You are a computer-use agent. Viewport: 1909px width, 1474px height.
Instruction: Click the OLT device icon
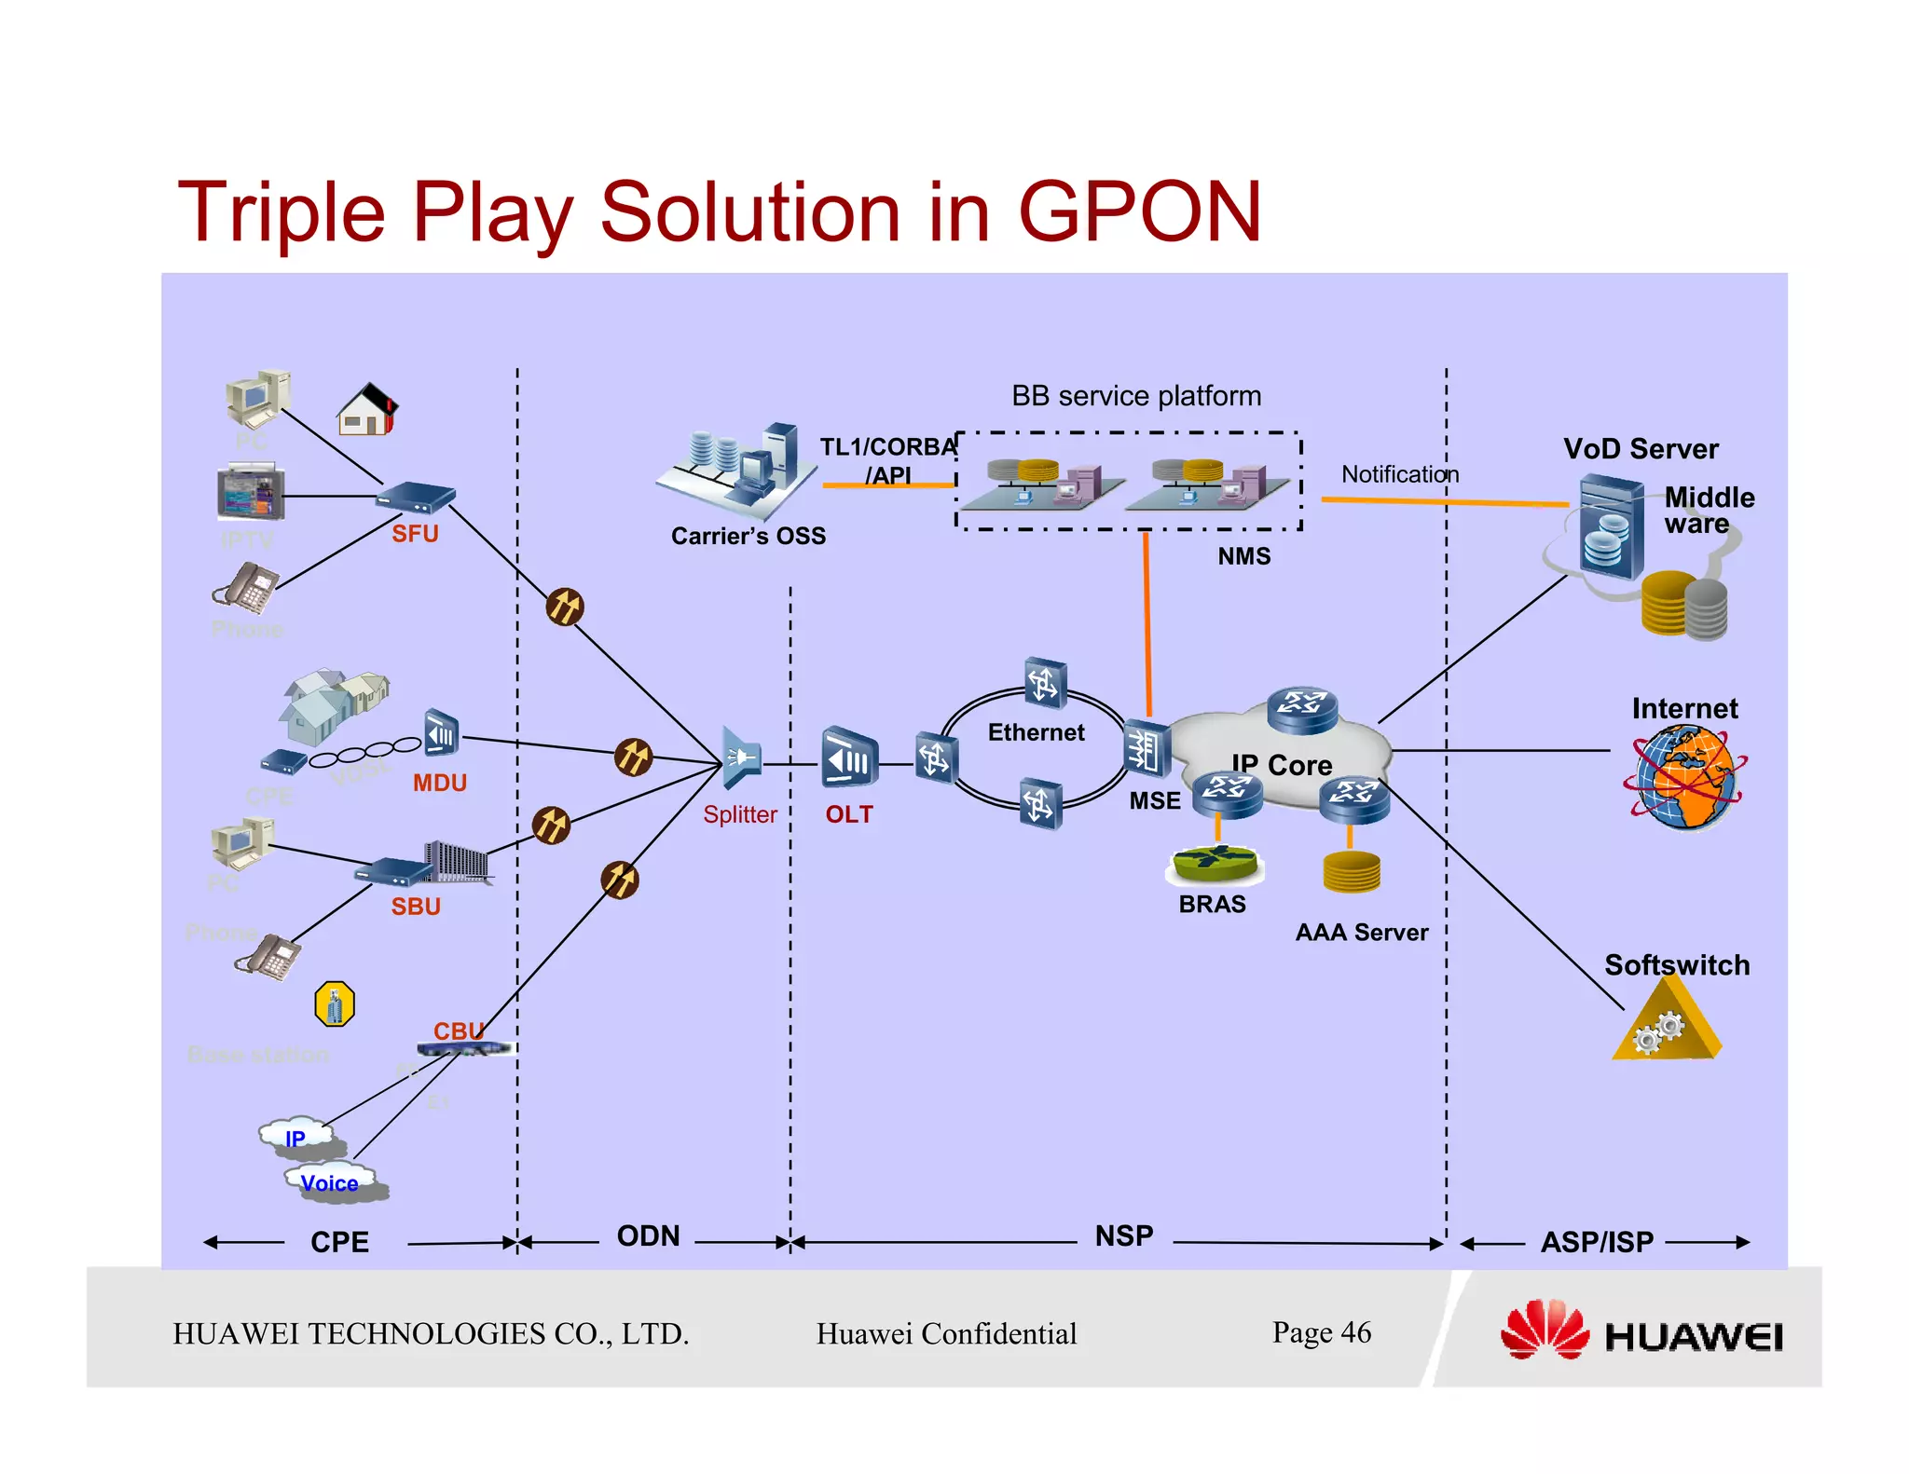[848, 758]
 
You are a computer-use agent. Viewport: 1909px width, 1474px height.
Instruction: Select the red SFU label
[415, 534]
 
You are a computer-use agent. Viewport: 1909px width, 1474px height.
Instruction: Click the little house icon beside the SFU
[367, 410]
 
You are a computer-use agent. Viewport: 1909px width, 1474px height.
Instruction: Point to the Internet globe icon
[1683, 778]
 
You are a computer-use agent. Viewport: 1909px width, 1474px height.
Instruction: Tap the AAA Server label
[1361, 933]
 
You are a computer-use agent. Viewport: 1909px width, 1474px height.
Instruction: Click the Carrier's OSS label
[748, 536]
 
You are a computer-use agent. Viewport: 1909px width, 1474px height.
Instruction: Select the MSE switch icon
[1146, 748]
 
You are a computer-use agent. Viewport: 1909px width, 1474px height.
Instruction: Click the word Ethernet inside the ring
[1036, 732]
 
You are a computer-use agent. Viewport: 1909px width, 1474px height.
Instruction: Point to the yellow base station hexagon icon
[335, 1004]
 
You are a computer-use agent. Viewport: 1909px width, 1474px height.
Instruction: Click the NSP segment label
[1123, 1236]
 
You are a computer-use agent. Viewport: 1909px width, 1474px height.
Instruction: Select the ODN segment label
[649, 1236]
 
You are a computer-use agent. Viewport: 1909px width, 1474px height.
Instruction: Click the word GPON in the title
[1139, 212]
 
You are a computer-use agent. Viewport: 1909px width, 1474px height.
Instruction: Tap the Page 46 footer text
[1321, 1332]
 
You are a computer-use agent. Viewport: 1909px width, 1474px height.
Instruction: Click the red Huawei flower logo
[1544, 1331]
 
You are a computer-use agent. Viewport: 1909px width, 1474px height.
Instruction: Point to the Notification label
[1399, 474]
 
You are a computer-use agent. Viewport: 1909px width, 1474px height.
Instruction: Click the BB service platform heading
[1135, 396]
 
